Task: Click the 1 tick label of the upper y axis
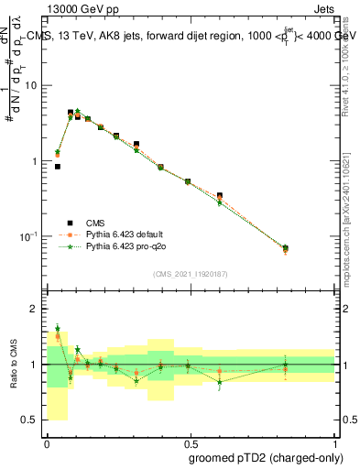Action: [35, 161]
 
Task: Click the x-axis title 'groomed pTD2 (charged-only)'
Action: [267, 457]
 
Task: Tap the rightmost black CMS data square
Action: [285, 248]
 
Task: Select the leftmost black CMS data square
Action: [58, 167]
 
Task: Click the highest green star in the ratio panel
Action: [58, 328]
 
